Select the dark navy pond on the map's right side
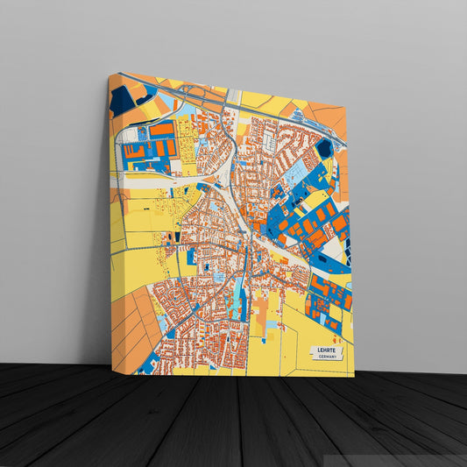point(324,149)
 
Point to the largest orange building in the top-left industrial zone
point(161,130)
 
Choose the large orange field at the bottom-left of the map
point(131,324)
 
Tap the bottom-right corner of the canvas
point(354,376)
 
